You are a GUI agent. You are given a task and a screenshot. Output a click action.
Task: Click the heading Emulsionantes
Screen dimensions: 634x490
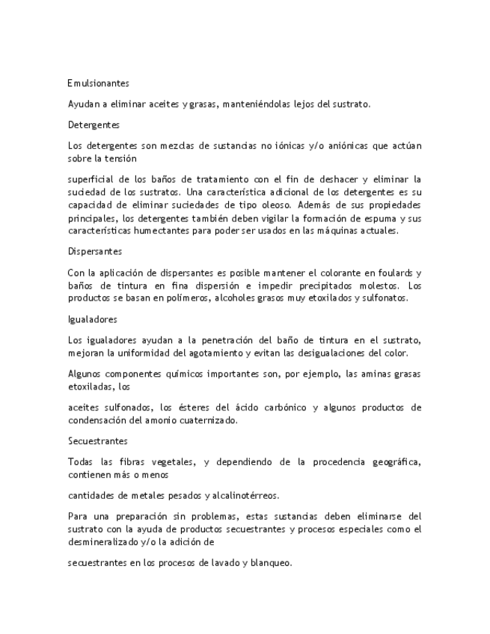click(98, 84)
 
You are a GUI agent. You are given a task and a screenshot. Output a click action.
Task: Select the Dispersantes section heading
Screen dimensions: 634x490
click(95, 251)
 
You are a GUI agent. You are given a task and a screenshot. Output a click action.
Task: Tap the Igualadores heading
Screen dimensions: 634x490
click(93, 319)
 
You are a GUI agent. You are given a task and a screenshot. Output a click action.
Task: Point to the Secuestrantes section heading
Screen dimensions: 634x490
click(97, 441)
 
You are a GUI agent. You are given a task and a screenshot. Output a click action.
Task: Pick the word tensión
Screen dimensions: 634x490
click(120, 158)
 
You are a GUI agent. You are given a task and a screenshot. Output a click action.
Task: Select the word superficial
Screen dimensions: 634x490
click(89, 179)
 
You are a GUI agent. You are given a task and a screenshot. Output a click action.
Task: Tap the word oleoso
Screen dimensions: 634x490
click(278, 205)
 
